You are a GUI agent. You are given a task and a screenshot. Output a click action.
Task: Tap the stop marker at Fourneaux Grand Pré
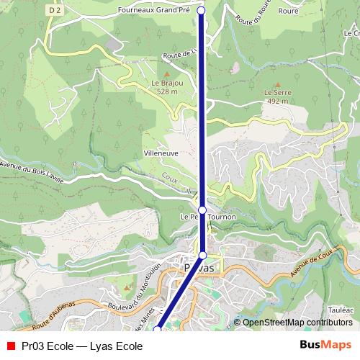pos(201,11)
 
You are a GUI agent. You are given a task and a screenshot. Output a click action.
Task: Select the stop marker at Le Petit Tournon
pos(202,210)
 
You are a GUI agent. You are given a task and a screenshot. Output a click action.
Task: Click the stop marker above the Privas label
pos(202,255)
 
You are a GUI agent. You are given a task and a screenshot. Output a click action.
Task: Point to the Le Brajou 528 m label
pos(167,87)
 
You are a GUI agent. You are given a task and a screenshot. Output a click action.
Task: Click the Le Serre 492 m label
pos(276,97)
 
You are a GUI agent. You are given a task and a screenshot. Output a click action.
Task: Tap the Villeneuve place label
pos(162,154)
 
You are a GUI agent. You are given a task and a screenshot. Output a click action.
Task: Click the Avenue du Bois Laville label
pos(32,173)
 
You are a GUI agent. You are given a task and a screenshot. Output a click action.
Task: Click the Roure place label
pos(288,12)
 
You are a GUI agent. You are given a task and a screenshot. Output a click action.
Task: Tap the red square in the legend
pos(11,346)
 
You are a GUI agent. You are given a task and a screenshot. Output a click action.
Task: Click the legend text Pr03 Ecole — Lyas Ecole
pos(82,346)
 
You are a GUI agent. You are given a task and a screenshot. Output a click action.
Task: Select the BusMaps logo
pos(325,345)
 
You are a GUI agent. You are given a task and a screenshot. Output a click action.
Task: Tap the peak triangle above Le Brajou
pos(167,74)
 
